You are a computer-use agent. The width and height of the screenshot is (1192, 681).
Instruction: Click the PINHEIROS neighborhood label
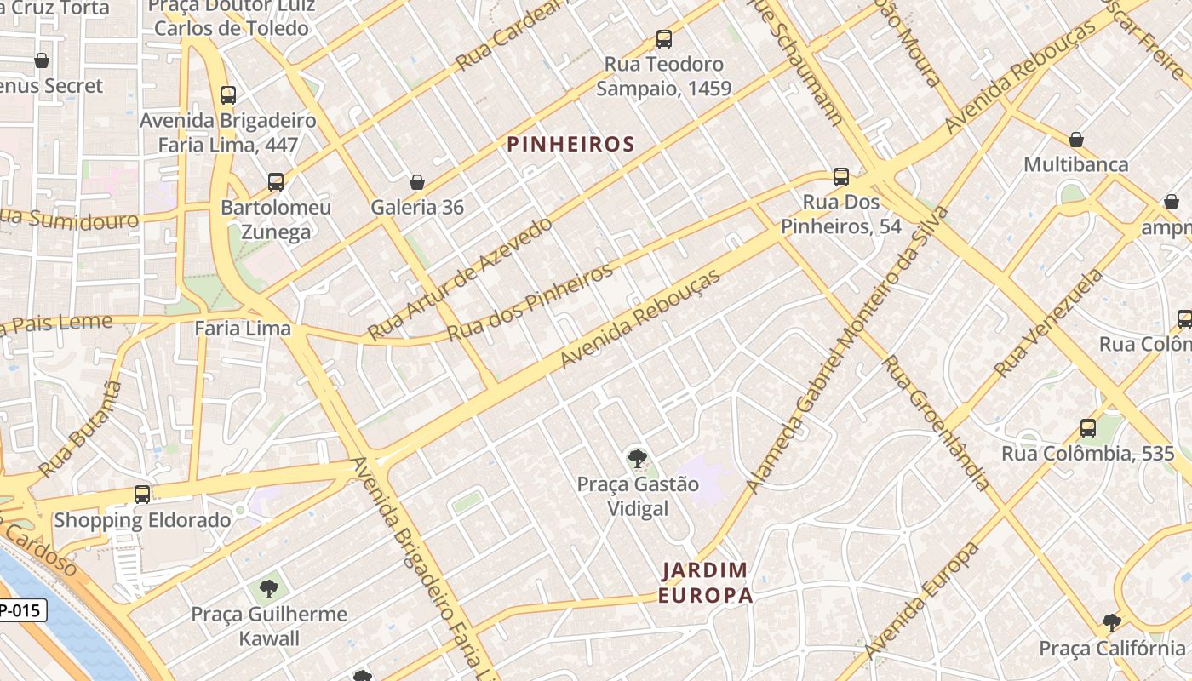[571, 144]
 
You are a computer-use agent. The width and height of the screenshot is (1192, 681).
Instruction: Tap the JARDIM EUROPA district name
[706, 582]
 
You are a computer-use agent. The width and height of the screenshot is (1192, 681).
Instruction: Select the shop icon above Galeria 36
[417, 182]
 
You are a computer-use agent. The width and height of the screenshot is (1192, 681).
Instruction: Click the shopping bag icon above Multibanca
[1076, 140]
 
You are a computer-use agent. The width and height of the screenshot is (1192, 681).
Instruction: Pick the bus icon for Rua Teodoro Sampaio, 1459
[663, 39]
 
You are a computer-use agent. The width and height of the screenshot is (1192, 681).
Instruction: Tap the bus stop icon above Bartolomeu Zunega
[276, 182]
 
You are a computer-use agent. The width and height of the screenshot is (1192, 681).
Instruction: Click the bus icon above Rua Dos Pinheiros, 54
[841, 177]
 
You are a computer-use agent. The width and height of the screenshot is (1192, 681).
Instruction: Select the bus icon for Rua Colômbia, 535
[1088, 428]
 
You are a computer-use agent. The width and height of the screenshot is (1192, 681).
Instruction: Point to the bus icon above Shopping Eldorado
[142, 495]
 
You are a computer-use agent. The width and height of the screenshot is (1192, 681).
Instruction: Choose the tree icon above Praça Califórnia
[1111, 623]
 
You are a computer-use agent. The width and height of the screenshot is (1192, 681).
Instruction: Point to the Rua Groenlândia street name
[937, 423]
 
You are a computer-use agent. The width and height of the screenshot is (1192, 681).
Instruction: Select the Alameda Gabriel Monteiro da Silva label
[846, 349]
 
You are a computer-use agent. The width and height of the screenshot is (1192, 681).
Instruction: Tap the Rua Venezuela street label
[1048, 324]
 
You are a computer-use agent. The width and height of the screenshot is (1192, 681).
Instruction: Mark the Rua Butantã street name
[81, 429]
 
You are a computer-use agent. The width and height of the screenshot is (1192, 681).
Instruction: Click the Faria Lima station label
[243, 329]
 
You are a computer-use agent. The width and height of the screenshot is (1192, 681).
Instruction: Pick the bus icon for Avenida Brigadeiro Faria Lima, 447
[228, 95]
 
